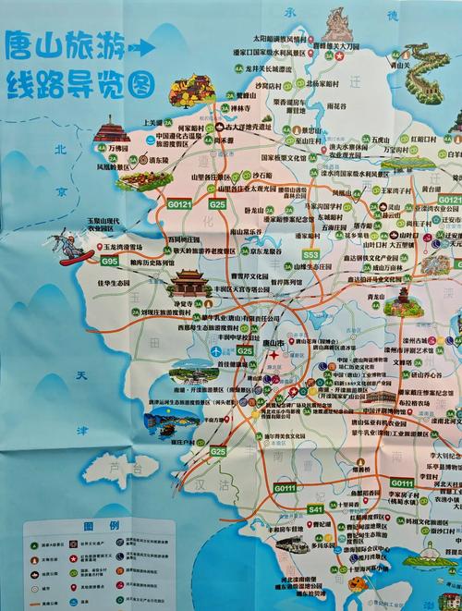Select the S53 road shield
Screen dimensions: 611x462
pos(310,254)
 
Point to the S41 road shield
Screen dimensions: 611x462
pos(315,509)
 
